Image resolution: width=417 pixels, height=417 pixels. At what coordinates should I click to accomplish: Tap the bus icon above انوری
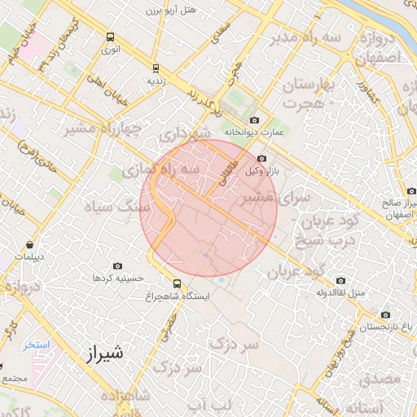(111, 37)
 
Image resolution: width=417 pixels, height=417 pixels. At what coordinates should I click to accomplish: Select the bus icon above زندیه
(156, 68)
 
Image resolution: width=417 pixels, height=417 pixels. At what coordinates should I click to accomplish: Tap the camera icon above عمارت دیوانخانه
(255, 120)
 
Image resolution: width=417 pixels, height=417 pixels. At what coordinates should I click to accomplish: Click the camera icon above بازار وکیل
(261, 159)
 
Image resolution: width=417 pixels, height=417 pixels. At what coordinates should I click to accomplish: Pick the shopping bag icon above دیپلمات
(30, 244)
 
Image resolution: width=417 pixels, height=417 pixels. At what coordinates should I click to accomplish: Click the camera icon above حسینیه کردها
(118, 266)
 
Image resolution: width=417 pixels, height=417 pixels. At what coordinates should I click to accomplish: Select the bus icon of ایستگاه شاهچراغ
(177, 283)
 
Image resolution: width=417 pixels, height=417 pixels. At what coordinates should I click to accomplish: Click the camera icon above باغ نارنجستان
(385, 314)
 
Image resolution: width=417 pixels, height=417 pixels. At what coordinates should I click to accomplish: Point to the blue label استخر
(36, 345)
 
